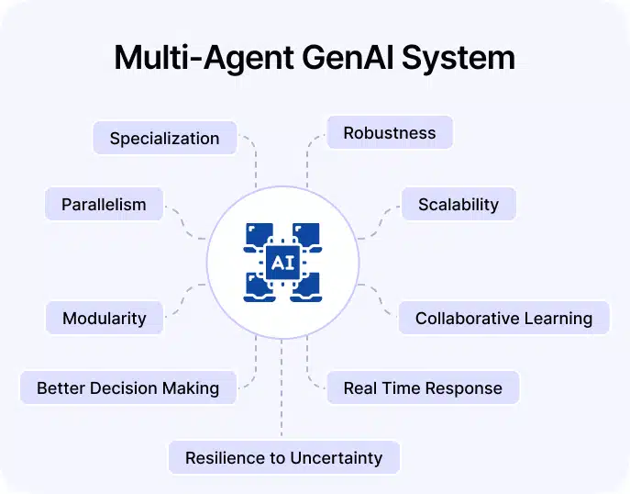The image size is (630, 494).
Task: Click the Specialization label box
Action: (164, 139)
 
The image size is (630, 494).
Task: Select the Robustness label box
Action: (390, 133)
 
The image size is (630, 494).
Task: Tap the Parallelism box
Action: (104, 204)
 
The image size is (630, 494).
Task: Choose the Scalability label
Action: (458, 204)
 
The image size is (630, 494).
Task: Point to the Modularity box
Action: (104, 319)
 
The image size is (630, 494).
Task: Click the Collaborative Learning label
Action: (503, 319)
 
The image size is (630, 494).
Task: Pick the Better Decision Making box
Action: (127, 387)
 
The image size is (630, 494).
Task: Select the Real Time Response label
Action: (422, 387)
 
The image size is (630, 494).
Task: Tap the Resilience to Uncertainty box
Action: (283, 457)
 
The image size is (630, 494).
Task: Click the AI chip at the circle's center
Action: (282, 264)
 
